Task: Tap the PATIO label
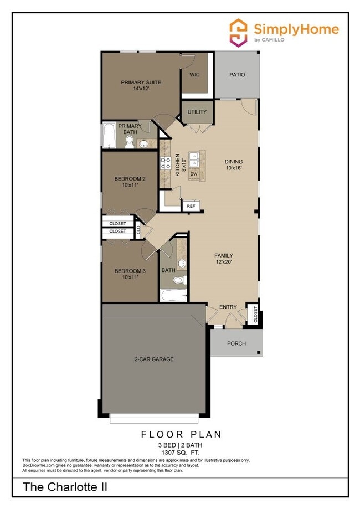pos(236,75)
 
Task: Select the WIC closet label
pos(194,75)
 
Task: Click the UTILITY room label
pos(197,112)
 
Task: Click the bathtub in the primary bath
pos(108,136)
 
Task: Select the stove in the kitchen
pos(166,163)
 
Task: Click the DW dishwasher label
pos(194,174)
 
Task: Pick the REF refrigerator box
pos(191,206)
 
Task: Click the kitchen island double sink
pos(194,160)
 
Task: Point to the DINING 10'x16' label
pos(233,164)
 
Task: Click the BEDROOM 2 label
pos(130,179)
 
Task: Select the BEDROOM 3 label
pos(130,271)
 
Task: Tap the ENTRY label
pos(228,307)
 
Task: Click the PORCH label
pos(236,343)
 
